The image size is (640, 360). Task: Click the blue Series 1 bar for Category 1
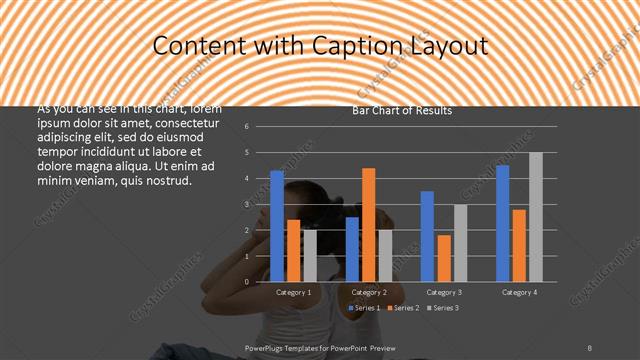pyautogui.click(x=277, y=226)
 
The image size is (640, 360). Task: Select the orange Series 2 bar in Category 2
pyautogui.click(x=369, y=225)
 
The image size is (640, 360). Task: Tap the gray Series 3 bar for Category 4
pyautogui.click(x=536, y=217)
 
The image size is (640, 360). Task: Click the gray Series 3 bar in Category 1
pyautogui.click(x=310, y=256)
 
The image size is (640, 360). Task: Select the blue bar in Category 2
pyautogui.click(x=352, y=249)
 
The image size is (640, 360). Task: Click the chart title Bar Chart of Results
pyautogui.click(x=402, y=111)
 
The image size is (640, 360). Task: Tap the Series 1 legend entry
pyautogui.click(x=364, y=308)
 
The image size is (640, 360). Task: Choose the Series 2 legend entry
pyautogui.click(x=401, y=308)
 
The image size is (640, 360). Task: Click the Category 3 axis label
pyautogui.click(x=444, y=292)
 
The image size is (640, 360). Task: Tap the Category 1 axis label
pyautogui.click(x=293, y=292)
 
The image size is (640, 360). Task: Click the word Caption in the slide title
pyautogui.click(x=359, y=46)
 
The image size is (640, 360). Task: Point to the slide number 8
pyautogui.click(x=590, y=346)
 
